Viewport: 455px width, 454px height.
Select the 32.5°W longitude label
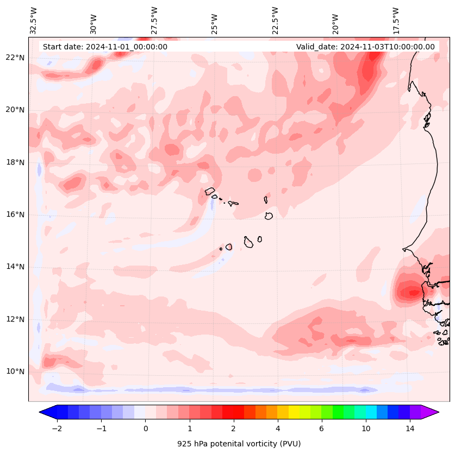pyautogui.click(x=34, y=21)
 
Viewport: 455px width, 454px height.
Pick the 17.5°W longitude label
pyautogui.click(x=396, y=21)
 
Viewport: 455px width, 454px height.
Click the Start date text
pyautogui.click(x=105, y=47)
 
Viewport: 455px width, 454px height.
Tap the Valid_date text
pyautogui.click(x=365, y=47)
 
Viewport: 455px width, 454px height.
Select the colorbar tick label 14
pyautogui.click(x=410, y=429)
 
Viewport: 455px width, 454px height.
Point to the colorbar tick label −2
pyautogui.click(x=57, y=429)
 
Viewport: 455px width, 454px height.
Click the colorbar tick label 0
pyautogui.click(x=145, y=429)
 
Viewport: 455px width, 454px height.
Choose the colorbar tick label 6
pyautogui.click(x=321, y=429)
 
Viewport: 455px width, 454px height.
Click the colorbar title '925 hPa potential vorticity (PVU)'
pyautogui.click(x=239, y=444)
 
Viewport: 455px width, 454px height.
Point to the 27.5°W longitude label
pyautogui.click(x=154, y=21)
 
